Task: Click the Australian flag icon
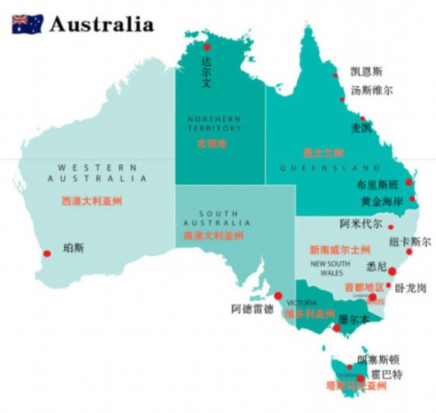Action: [x=27, y=24]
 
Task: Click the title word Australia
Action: [x=101, y=24]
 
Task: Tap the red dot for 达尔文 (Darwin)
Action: [x=207, y=49]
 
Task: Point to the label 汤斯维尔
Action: [x=372, y=90]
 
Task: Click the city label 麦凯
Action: [x=361, y=128]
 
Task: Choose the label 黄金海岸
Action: [x=381, y=202]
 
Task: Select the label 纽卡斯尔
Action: [x=410, y=242]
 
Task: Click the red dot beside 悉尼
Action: [x=392, y=271]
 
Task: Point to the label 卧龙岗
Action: [x=410, y=289]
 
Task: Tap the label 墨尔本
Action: [x=355, y=320]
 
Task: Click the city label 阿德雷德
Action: [x=252, y=309]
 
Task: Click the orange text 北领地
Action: [x=211, y=143]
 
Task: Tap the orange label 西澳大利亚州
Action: [x=91, y=201]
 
